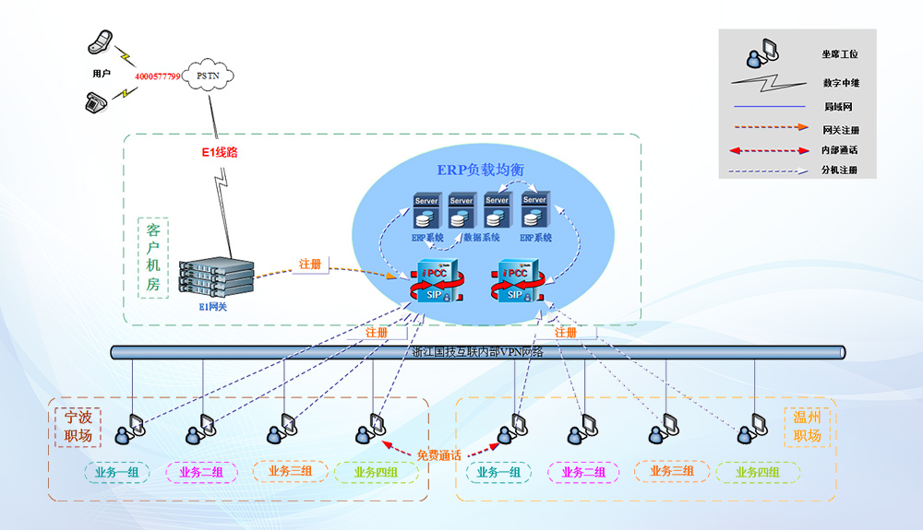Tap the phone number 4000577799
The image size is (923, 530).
(157, 76)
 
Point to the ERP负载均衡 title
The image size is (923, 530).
(481, 171)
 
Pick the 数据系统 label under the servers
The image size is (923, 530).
(481, 238)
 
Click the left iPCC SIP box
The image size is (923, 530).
(433, 282)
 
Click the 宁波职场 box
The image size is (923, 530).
(78, 427)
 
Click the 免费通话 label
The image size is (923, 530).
(439, 454)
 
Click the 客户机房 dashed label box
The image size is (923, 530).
(152, 257)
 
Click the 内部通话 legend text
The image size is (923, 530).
(840, 149)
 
